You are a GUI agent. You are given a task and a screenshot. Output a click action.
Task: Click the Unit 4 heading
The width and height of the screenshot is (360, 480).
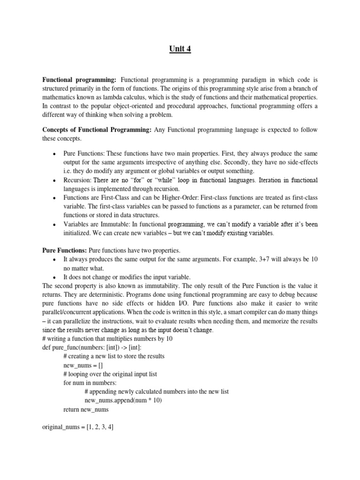(180, 49)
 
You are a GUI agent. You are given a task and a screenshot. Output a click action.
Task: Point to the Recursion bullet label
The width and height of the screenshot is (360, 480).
(77, 180)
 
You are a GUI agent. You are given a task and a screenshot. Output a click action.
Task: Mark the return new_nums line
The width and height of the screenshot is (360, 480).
(86, 409)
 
